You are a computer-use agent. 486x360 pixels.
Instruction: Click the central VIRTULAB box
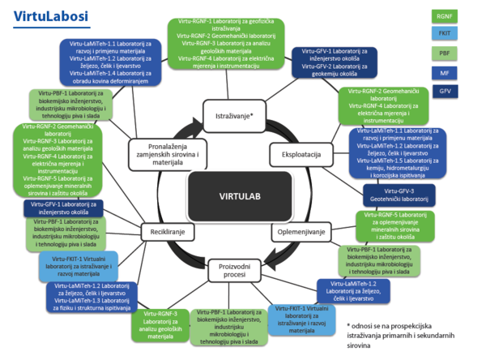point(241,194)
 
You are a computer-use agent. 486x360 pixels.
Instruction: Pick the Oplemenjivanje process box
point(301,232)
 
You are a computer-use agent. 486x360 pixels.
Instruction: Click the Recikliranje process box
point(164,231)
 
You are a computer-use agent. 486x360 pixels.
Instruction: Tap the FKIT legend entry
point(445,33)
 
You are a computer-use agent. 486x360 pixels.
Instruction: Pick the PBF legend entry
point(445,53)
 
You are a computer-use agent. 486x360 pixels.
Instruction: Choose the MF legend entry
point(445,73)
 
